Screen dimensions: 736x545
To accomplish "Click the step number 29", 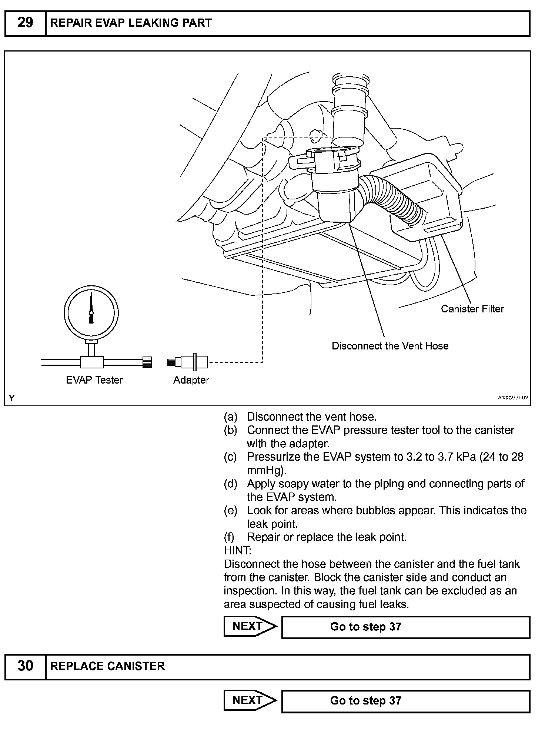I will [25, 23].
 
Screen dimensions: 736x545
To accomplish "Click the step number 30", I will [25, 666].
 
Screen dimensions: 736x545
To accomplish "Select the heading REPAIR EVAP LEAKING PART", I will [131, 23].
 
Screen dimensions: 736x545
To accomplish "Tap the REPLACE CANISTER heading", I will [107, 666].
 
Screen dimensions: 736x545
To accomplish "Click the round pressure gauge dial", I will [91, 312].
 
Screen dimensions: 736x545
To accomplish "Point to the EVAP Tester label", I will [94, 380].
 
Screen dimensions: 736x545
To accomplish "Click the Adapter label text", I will [191, 380].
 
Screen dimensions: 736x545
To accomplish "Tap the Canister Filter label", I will [472, 309].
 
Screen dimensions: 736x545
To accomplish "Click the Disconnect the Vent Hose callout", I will [390, 346].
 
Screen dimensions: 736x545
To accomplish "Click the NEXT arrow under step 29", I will [250, 626].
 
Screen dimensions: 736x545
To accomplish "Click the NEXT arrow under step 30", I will [250, 700].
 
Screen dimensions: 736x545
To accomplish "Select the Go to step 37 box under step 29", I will [405, 627].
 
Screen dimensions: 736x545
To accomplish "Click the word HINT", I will [237, 550].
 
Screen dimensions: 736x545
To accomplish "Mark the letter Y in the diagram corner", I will [12, 398].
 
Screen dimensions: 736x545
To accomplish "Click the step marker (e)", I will [230, 510].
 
